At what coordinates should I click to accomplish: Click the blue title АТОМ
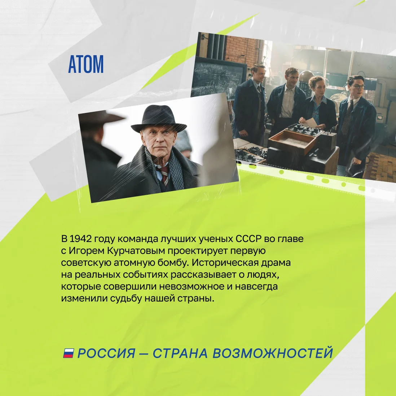pyautogui.click(x=86, y=64)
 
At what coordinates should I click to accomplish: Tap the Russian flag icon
pyautogui.click(x=69, y=353)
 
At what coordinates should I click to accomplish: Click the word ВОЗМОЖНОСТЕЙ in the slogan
pyautogui.click(x=273, y=353)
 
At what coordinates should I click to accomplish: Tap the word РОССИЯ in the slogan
pyautogui.click(x=106, y=353)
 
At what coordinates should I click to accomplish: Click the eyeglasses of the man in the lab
pyautogui.click(x=357, y=86)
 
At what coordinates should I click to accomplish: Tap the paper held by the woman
pyautogui.click(x=311, y=123)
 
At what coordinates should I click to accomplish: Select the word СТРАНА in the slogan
pyautogui.click(x=180, y=353)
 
